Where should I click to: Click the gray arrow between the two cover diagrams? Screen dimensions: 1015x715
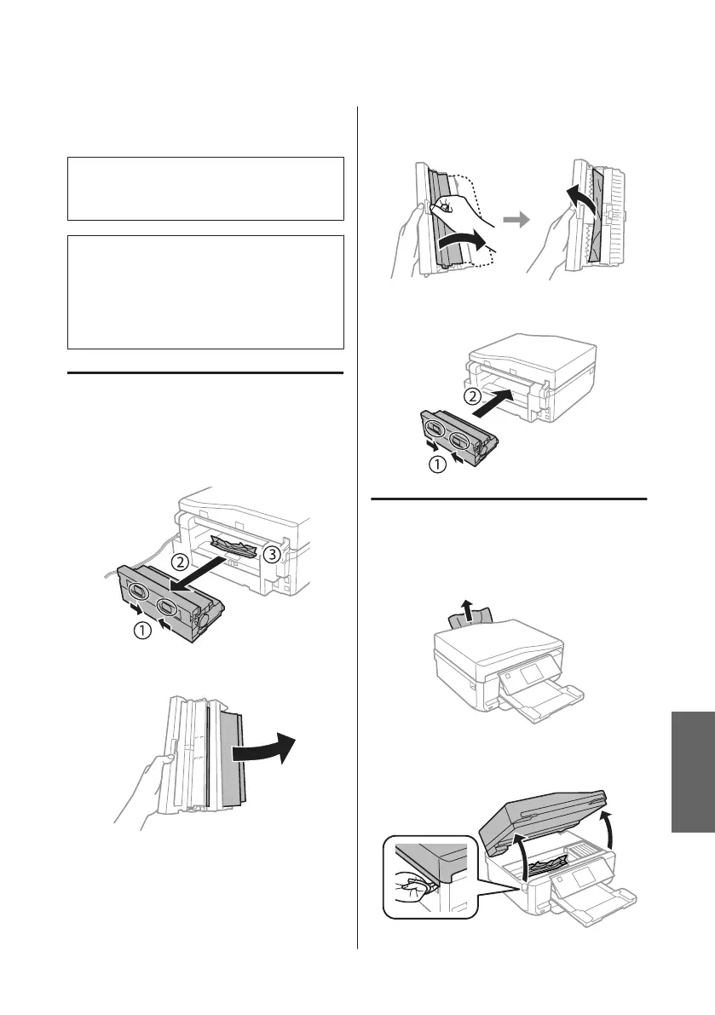click(x=515, y=220)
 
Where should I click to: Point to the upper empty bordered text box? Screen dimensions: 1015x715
click(x=205, y=188)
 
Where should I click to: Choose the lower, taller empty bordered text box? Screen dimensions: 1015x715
click(x=205, y=292)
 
